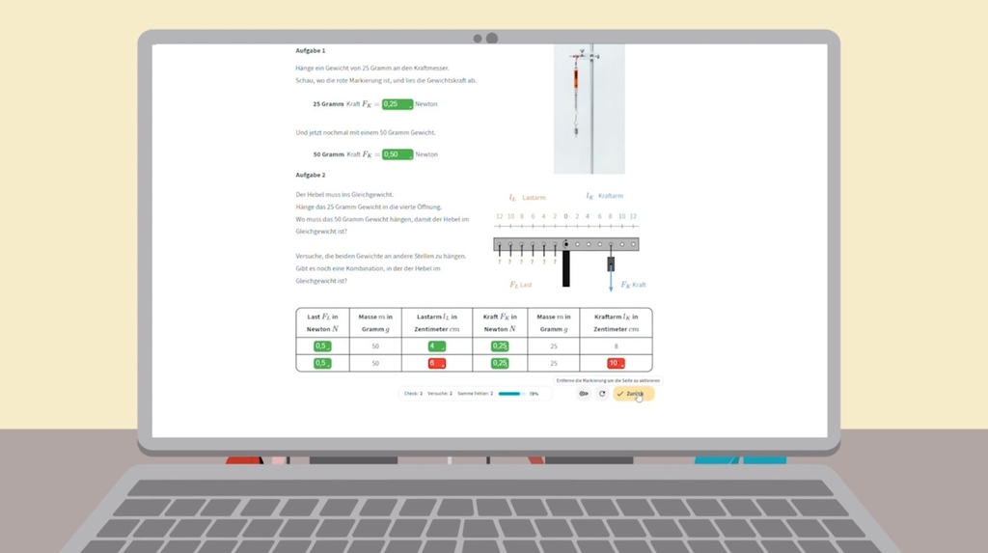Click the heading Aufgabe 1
(311, 50)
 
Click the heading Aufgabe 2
(311, 175)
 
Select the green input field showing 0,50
(398, 154)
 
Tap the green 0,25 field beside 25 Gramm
(398, 104)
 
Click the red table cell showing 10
(615, 364)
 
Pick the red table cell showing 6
(437, 364)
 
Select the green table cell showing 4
(437, 346)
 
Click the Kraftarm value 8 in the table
(616, 346)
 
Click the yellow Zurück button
(633, 394)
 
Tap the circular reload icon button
(602, 394)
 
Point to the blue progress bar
(510, 394)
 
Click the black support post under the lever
(566, 268)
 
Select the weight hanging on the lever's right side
(611, 263)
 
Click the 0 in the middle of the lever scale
(565, 217)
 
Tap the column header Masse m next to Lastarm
(375, 322)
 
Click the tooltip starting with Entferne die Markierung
(608, 380)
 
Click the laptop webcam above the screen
(491, 39)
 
